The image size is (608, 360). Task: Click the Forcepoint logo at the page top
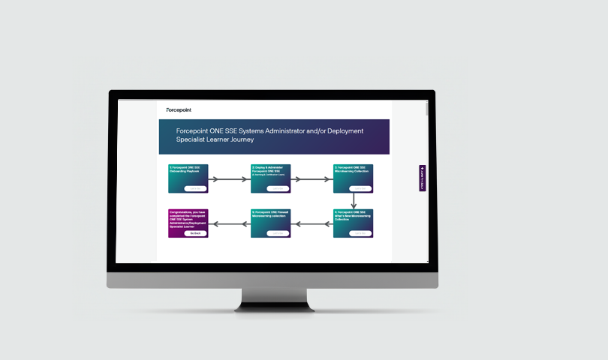pyautogui.click(x=179, y=109)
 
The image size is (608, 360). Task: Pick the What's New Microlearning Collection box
pyautogui.click(x=353, y=223)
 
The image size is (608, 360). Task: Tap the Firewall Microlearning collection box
pyautogui.click(x=270, y=223)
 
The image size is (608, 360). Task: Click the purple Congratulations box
pyautogui.click(x=188, y=223)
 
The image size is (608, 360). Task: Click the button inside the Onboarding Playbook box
pyautogui.click(x=195, y=188)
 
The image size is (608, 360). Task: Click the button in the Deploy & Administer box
pyautogui.click(x=278, y=188)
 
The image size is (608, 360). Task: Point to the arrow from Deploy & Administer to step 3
pyautogui.click(x=312, y=179)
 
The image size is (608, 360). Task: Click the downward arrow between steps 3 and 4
pyautogui.click(x=354, y=201)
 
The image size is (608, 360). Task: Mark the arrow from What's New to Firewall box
pyautogui.click(x=312, y=223)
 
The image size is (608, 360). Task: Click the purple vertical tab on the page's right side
pyautogui.click(x=423, y=178)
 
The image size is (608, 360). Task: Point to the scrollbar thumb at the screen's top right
pyautogui.click(x=427, y=109)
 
